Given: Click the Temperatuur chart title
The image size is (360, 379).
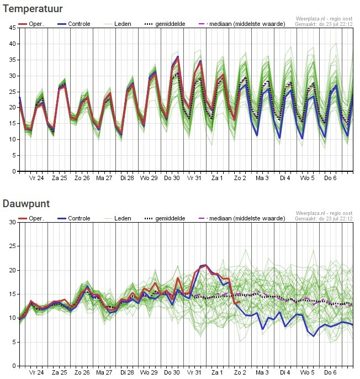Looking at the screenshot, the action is point(33,9).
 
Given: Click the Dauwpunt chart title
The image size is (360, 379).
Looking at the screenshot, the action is point(26,204).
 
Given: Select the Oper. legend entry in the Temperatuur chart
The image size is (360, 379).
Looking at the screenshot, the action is point(31,24).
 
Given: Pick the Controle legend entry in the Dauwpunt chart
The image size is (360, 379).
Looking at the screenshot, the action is point(73,218).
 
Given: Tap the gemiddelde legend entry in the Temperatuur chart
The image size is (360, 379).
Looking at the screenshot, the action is point(165,24).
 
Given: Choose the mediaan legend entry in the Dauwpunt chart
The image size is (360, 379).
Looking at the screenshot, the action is point(242,218).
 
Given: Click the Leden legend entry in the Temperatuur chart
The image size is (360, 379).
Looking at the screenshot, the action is point(118,24).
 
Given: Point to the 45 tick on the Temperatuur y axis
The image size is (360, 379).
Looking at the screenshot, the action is point(13,28).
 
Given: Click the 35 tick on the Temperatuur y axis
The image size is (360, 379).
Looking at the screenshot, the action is point(13,60).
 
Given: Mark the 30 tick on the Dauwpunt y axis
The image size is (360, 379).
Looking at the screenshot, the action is point(13,222).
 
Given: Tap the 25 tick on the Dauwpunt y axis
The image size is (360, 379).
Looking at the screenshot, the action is point(13,246).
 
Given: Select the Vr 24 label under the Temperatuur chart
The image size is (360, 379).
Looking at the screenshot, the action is point(36,178).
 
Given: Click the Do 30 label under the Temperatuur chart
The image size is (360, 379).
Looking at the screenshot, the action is point(172,178).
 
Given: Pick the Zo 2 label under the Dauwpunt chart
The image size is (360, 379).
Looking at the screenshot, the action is point(240,372).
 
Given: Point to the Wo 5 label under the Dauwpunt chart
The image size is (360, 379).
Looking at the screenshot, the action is point(308,372).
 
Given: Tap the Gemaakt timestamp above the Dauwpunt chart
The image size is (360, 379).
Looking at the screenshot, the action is point(324,219).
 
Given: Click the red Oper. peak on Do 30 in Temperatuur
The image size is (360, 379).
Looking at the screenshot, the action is point(178,57).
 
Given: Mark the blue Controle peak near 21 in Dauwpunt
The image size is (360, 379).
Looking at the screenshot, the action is point(205,265).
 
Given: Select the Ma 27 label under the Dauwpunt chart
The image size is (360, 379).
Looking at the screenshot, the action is point(104,372).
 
